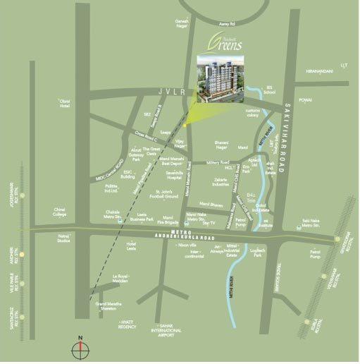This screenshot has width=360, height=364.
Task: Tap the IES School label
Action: [x=268, y=91]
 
